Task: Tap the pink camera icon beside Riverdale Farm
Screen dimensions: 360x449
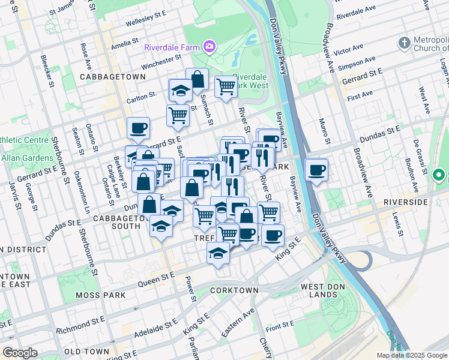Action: tap(209, 46)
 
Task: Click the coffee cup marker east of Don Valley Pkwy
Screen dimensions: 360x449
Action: tap(316, 170)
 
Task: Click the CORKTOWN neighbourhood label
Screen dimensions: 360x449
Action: tap(234, 290)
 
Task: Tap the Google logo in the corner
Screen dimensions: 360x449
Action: tap(20, 353)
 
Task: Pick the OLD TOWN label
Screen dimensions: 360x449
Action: tap(86, 351)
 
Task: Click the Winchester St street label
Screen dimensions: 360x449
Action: tap(161, 62)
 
